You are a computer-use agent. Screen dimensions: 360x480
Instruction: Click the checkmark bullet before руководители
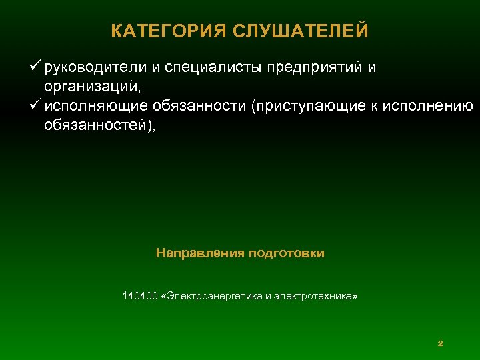[x=36, y=67]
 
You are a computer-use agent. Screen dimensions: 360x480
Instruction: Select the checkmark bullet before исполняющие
[x=36, y=106]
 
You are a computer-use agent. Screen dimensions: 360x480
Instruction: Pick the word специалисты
[x=213, y=68]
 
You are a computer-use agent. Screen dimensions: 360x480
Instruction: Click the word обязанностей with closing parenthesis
[x=99, y=125]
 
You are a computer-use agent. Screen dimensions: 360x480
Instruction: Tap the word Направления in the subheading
[x=200, y=253]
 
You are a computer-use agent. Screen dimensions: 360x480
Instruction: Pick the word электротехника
[x=317, y=295]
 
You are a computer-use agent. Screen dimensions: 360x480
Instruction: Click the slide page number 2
[x=440, y=343]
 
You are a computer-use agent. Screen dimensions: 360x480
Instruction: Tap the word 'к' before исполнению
[x=375, y=107]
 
